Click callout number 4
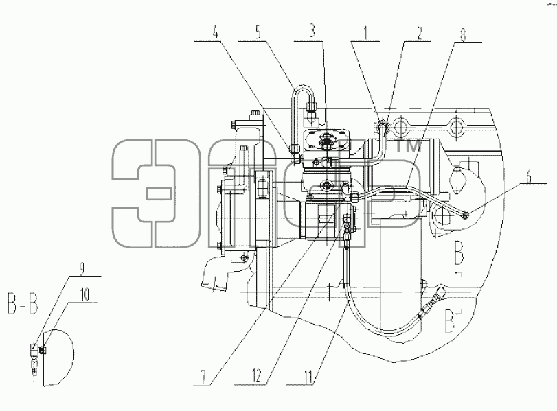(215, 33)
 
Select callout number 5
(258, 32)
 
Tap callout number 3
(312, 32)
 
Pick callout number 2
(419, 32)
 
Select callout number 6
(529, 176)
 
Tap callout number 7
(203, 378)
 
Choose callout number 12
(256, 375)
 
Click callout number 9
(82, 268)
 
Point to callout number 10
(84, 295)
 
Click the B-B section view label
(23, 305)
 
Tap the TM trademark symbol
(409, 146)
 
